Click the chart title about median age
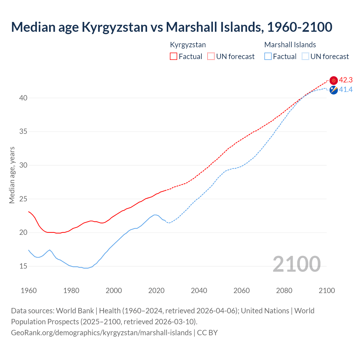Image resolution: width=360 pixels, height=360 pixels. click(x=172, y=27)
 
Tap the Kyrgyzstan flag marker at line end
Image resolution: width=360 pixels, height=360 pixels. click(x=334, y=80)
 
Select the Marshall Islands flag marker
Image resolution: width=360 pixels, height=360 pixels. click(x=334, y=90)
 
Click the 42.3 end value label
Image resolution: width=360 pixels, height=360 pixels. click(x=346, y=80)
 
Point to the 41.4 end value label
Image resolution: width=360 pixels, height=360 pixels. click(x=346, y=90)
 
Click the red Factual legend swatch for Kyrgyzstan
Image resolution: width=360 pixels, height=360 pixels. click(x=174, y=57)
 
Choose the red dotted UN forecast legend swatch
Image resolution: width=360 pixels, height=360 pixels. click(x=211, y=57)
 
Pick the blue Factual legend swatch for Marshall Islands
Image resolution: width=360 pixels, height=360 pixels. click(x=268, y=57)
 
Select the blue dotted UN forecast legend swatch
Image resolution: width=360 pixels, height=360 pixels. click(x=305, y=57)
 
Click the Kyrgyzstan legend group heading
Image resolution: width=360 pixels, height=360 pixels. click(x=188, y=45)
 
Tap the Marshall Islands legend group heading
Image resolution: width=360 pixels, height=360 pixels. click(x=290, y=45)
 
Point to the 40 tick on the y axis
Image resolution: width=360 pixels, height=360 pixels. click(x=23, y=98)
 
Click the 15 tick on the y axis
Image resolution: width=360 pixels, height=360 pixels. click(x=23, y=266)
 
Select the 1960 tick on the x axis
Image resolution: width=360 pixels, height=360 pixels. click(x=29, y=291)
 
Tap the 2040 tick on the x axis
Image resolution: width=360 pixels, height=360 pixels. click(x=199, y=291)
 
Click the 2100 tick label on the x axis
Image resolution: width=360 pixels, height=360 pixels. click(x=327, y=291)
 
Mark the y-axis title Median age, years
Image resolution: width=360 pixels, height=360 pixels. click(x=12, y=175)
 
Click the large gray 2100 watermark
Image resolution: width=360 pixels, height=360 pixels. click(x=296, y=264)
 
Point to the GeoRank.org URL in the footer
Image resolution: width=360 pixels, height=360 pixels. click(x=101, y=333)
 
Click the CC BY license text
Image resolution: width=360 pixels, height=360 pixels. click(x=207, y=333)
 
